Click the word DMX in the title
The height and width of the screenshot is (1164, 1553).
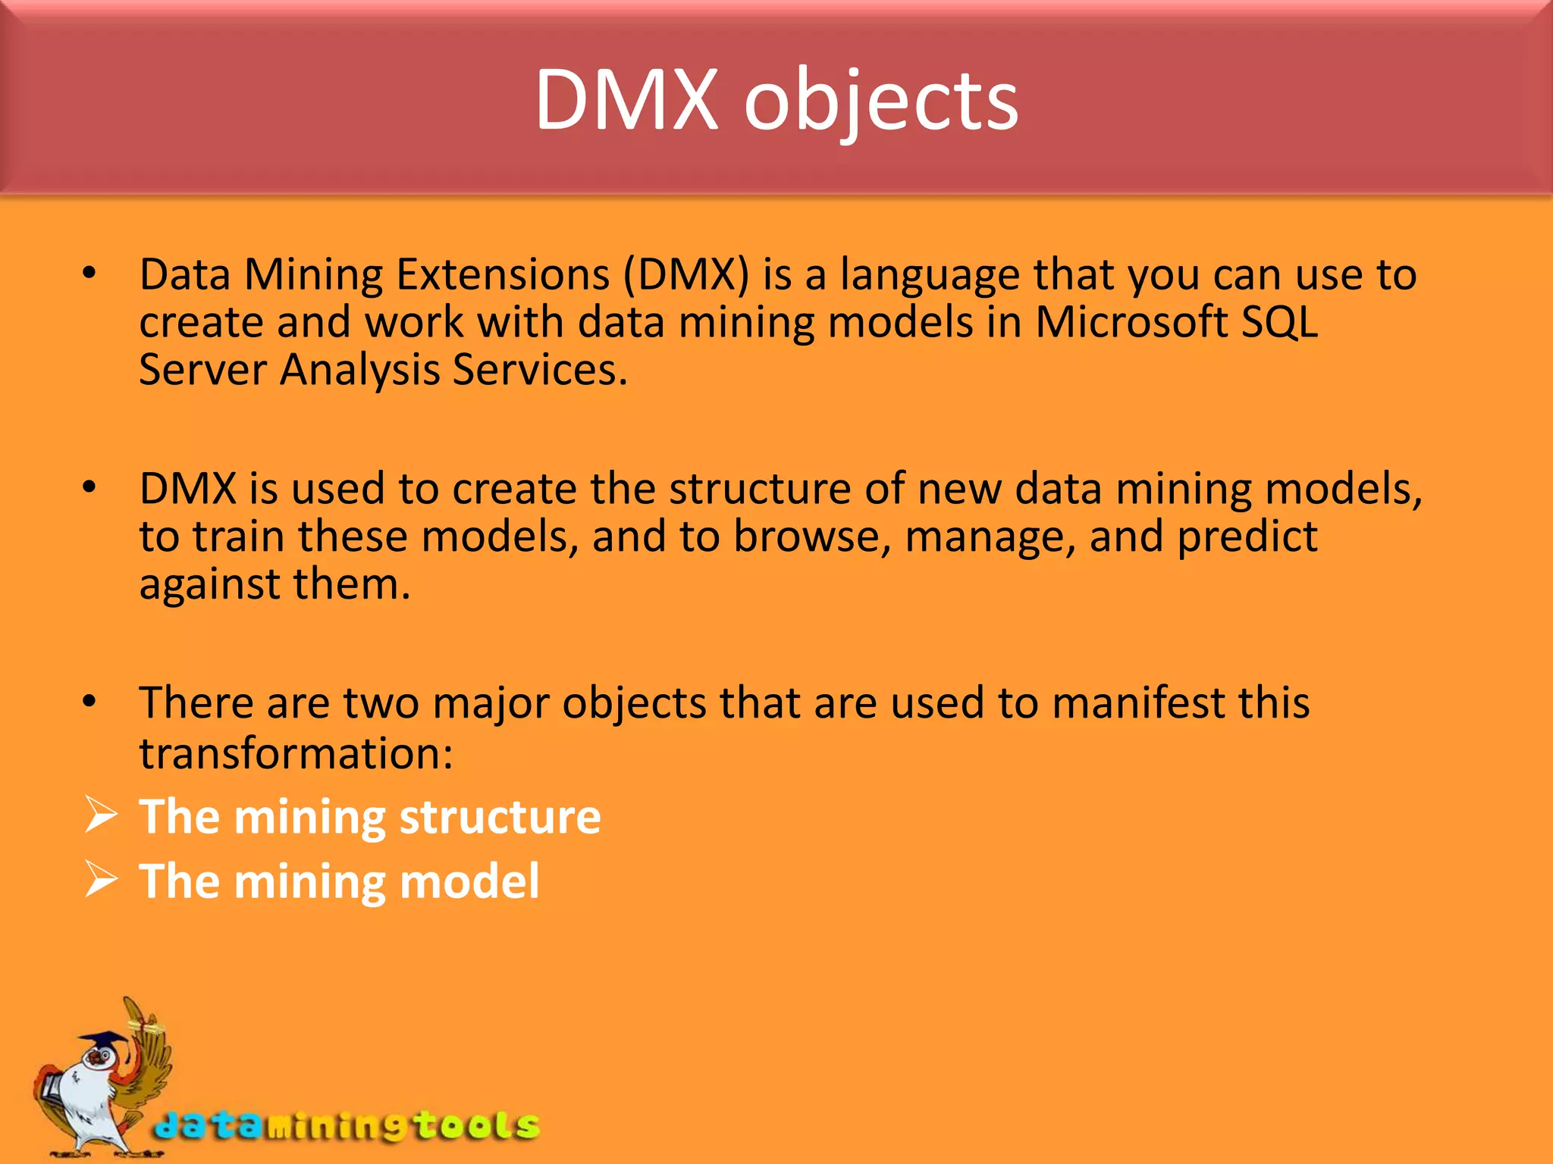pyautogui.click(x=626, y=101)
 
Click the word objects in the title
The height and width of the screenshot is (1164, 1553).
pyautogui.click(x=881, y=104)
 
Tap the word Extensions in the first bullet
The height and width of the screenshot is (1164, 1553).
pyautogui.click(x=503, y=274)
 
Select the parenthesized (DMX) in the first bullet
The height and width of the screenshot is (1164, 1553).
pyautogui.click(x=686, y=274)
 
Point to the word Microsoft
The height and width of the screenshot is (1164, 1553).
pyautogui.click(x=1131, y=322)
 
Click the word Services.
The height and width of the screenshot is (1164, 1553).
pyautogui.click(x=540, y=371)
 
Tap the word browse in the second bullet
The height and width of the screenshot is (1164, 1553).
pyautogui.click(x=812, y=537)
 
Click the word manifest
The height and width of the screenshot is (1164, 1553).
pyautogui.click(x=1138, y=702)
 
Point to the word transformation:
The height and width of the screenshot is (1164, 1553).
pyautogui.click(x=296, y=754)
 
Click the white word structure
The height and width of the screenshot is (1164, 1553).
pyautogui.click(x=500, y=818)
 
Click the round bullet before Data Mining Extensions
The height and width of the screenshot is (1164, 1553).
pyautogui.click(x=89, y=274)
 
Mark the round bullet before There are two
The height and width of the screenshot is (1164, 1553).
pyautogui.click(x=89, y=702)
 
